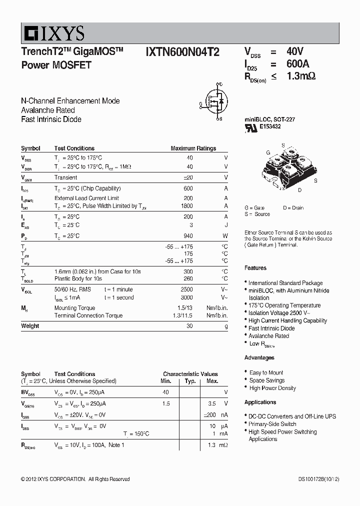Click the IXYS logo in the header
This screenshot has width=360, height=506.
(52, 33)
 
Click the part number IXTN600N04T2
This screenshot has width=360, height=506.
(182, 52)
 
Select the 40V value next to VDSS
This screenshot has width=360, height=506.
(294, 51)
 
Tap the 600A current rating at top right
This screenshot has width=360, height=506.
(297, 64)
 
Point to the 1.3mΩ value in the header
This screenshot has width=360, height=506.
(301, 76)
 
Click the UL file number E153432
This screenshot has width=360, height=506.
(269, 127)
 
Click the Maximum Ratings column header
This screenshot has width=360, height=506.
(193, 148)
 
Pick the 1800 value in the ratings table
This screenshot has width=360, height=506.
(186, 206)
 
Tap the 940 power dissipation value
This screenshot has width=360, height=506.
(188, 236)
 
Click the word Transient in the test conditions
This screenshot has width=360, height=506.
(65, 177)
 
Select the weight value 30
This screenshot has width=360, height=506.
(189, 326)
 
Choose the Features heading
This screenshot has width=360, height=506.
(255, 268)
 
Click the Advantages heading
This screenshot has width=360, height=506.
(259, 358)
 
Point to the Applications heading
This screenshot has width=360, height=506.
(260, 402)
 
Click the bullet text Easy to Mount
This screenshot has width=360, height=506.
(266, 373)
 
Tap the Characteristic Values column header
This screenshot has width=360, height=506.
(190, 374)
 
